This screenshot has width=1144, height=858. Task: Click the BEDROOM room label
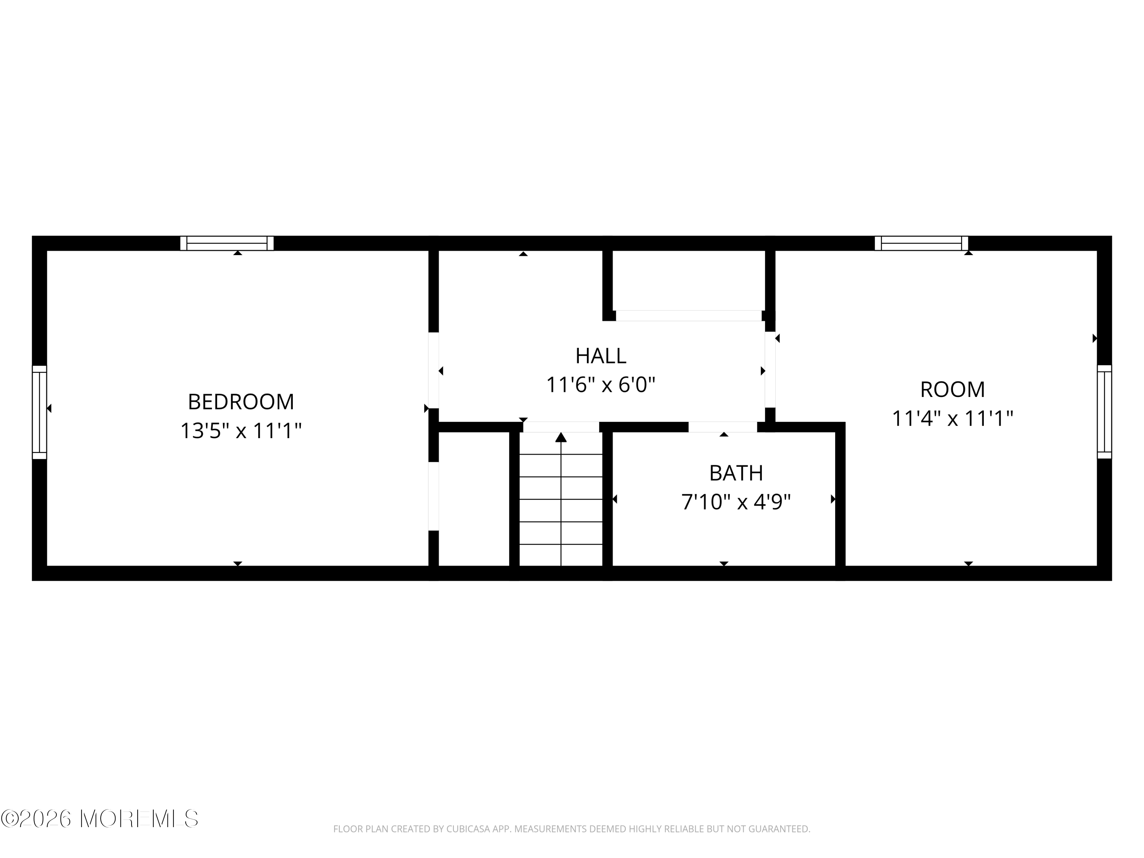(x=241, y=402)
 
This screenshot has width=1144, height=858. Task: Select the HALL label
(x=601, y=356)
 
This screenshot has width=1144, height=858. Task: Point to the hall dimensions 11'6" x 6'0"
(x=601, y=385)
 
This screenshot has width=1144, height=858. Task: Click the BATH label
(x=736, y=473)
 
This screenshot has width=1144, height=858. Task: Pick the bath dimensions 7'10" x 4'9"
(x=736, y=502)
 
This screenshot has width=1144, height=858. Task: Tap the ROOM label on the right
(x=952, y=389)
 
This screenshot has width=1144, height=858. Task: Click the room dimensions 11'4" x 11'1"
(x=952, y=418)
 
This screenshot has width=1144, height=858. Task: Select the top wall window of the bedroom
(x=227, y=243)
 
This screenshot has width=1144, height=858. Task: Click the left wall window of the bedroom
(x=39, y=412)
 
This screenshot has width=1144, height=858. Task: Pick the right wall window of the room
(x=1104, y=412)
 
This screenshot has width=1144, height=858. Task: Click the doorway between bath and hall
(x=723, y=427)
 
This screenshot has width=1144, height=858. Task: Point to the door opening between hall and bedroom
(x=434, y=370)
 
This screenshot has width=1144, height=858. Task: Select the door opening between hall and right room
(x=770, y=370)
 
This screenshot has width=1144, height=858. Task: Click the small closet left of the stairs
(x=474, y=499)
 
